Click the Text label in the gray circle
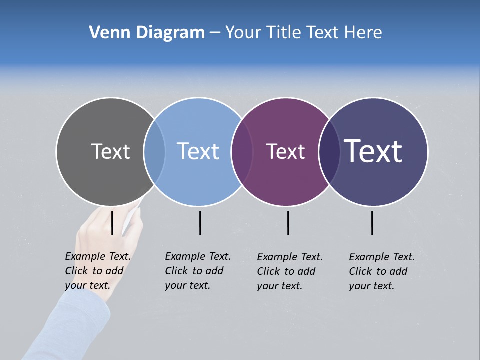pyautogui.click(x=110, y=151)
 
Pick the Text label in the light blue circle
pyautogui.click(x=198, y=151)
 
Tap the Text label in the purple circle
pyautogui.click(x=285, y=151)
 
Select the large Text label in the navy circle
pyautogui.click(x=373, y=151)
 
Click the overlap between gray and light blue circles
pyautogui.click(x=154, y=151)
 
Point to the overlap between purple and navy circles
pyautogui.click(x=329, y=151)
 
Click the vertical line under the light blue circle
pyautogui.click(x=200, y=223)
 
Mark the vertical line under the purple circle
pyautogui.click(x=288, y=223)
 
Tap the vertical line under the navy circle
pyautogui.click(x=372, y=223)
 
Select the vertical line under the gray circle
pyautogui.click(x=112, y=223)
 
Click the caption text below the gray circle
pyautogui.click(x=97, y=271)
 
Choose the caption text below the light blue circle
pyautogui.click(x=197, y=271)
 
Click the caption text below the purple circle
pyautogui.click(x=289, y=271)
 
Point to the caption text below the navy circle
pyautogui.click(x=381, y=271)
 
